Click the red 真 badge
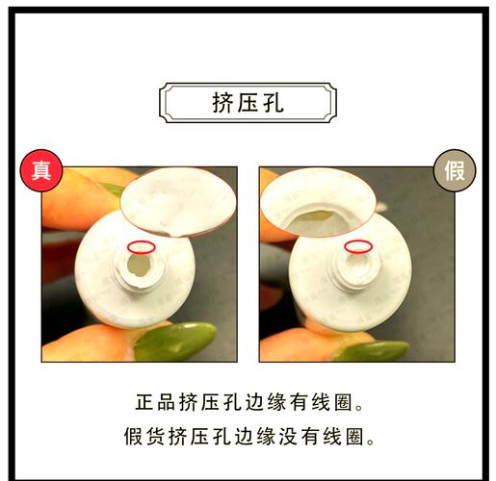[x=41, y=170]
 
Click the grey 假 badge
[x=455, y=170]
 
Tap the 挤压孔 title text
[x=248, y=103]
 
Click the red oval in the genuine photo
[x=142, y=247]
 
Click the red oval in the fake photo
[x=358, y=246]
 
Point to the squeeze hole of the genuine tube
[x=139, y=266]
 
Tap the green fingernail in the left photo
[x=175, y=341]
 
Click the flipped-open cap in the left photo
[x=178, y=203]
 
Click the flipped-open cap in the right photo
[x=318, y=203]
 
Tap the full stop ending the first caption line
[x=359, y=408]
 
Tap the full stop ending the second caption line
[x=371, y=442]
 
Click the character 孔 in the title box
[x=274, y=103]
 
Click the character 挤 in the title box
[x=222, y=103]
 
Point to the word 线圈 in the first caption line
[x=331, y=402]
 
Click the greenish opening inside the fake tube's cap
[x=315, y=217]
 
